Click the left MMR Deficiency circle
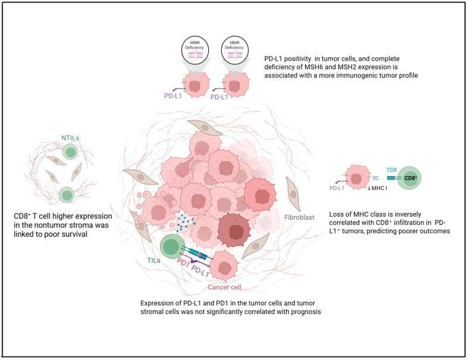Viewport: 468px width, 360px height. [195, 49]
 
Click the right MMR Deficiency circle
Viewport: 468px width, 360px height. [235, 49]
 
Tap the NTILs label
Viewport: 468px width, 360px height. [70, 138]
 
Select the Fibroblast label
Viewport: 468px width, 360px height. [299, 218]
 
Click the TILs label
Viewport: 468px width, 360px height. [153, 261]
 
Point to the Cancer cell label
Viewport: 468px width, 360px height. [224, 287]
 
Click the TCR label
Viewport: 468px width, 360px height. [392, 170]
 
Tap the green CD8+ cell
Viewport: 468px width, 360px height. [409, 178]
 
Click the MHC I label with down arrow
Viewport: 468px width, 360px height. [377, 188]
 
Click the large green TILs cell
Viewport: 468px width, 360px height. [171, 247]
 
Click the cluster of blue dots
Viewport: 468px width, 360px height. [186, 221]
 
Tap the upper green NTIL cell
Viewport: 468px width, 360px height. [70, 151]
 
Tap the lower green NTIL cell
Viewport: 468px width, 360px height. [66, 195]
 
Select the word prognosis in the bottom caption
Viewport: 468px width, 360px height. [306, 312]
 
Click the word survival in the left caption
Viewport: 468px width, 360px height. [75, 234]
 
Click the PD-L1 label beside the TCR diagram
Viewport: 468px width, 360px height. [337, 188]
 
